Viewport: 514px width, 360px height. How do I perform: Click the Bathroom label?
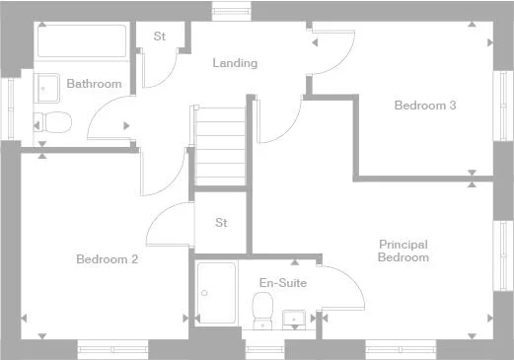pos(94,84)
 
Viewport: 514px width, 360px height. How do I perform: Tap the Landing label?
pos(235,63)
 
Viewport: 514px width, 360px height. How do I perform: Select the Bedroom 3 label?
pos(424,105)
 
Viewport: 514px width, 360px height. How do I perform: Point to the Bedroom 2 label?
pos(107,259)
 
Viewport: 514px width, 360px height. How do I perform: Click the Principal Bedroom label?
pos(403,251)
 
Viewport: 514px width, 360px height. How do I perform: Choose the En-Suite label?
pos(283,283)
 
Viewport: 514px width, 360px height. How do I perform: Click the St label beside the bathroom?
pos(159,36)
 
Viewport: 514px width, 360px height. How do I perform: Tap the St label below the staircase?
pos(221,222)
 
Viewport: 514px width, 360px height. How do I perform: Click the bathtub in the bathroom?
pos(82,42)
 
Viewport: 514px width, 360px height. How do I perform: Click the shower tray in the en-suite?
pos(216,292)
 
